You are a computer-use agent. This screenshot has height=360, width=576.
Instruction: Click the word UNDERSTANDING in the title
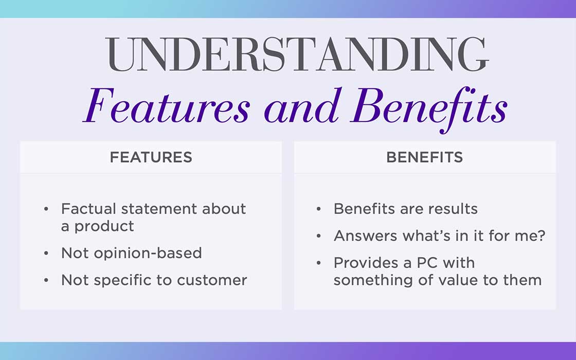pos(297,55)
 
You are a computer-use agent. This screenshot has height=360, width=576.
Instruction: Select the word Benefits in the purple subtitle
pos(429,109)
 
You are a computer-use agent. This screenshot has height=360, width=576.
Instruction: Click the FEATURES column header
pos(151,157)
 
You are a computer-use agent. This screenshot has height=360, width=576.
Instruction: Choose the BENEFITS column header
pos(425,157)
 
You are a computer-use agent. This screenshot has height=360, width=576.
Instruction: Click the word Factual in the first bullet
pos(88,209)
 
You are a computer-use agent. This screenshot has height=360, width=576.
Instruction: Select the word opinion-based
pos(148,254)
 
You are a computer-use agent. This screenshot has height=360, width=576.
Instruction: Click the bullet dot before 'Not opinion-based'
pos(46,253)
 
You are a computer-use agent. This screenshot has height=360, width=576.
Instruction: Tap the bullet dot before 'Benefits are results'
pos(318,209)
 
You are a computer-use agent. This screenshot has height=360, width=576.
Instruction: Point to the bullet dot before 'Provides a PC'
pos(318,263)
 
